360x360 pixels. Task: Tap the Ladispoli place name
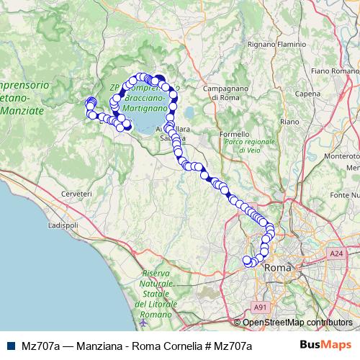(63, 225)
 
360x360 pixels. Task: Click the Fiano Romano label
(335, 72)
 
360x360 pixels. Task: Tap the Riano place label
(289, 122)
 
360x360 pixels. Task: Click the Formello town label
(234, 134)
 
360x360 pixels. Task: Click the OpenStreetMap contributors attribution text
(297, 322)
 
